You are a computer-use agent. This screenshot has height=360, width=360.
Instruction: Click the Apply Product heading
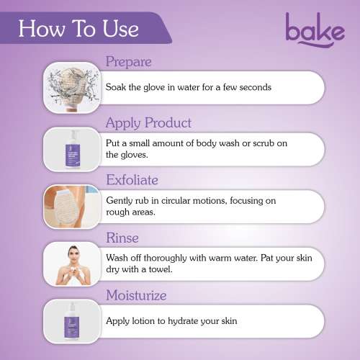tap(148, 122)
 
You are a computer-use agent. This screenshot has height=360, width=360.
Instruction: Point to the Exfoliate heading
tap(132, 179)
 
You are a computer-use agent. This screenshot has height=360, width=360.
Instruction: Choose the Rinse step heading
tap(122, 237)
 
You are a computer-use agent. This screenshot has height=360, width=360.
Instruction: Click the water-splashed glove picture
tap(71, 87)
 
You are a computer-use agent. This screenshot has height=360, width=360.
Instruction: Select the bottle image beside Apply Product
tap(71, 149)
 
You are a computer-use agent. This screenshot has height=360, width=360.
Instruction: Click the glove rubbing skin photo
tap(71, 206)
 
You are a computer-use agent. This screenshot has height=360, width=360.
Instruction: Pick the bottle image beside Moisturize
tap(71, 321)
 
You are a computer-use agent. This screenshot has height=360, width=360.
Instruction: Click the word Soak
tap(116, 87)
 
